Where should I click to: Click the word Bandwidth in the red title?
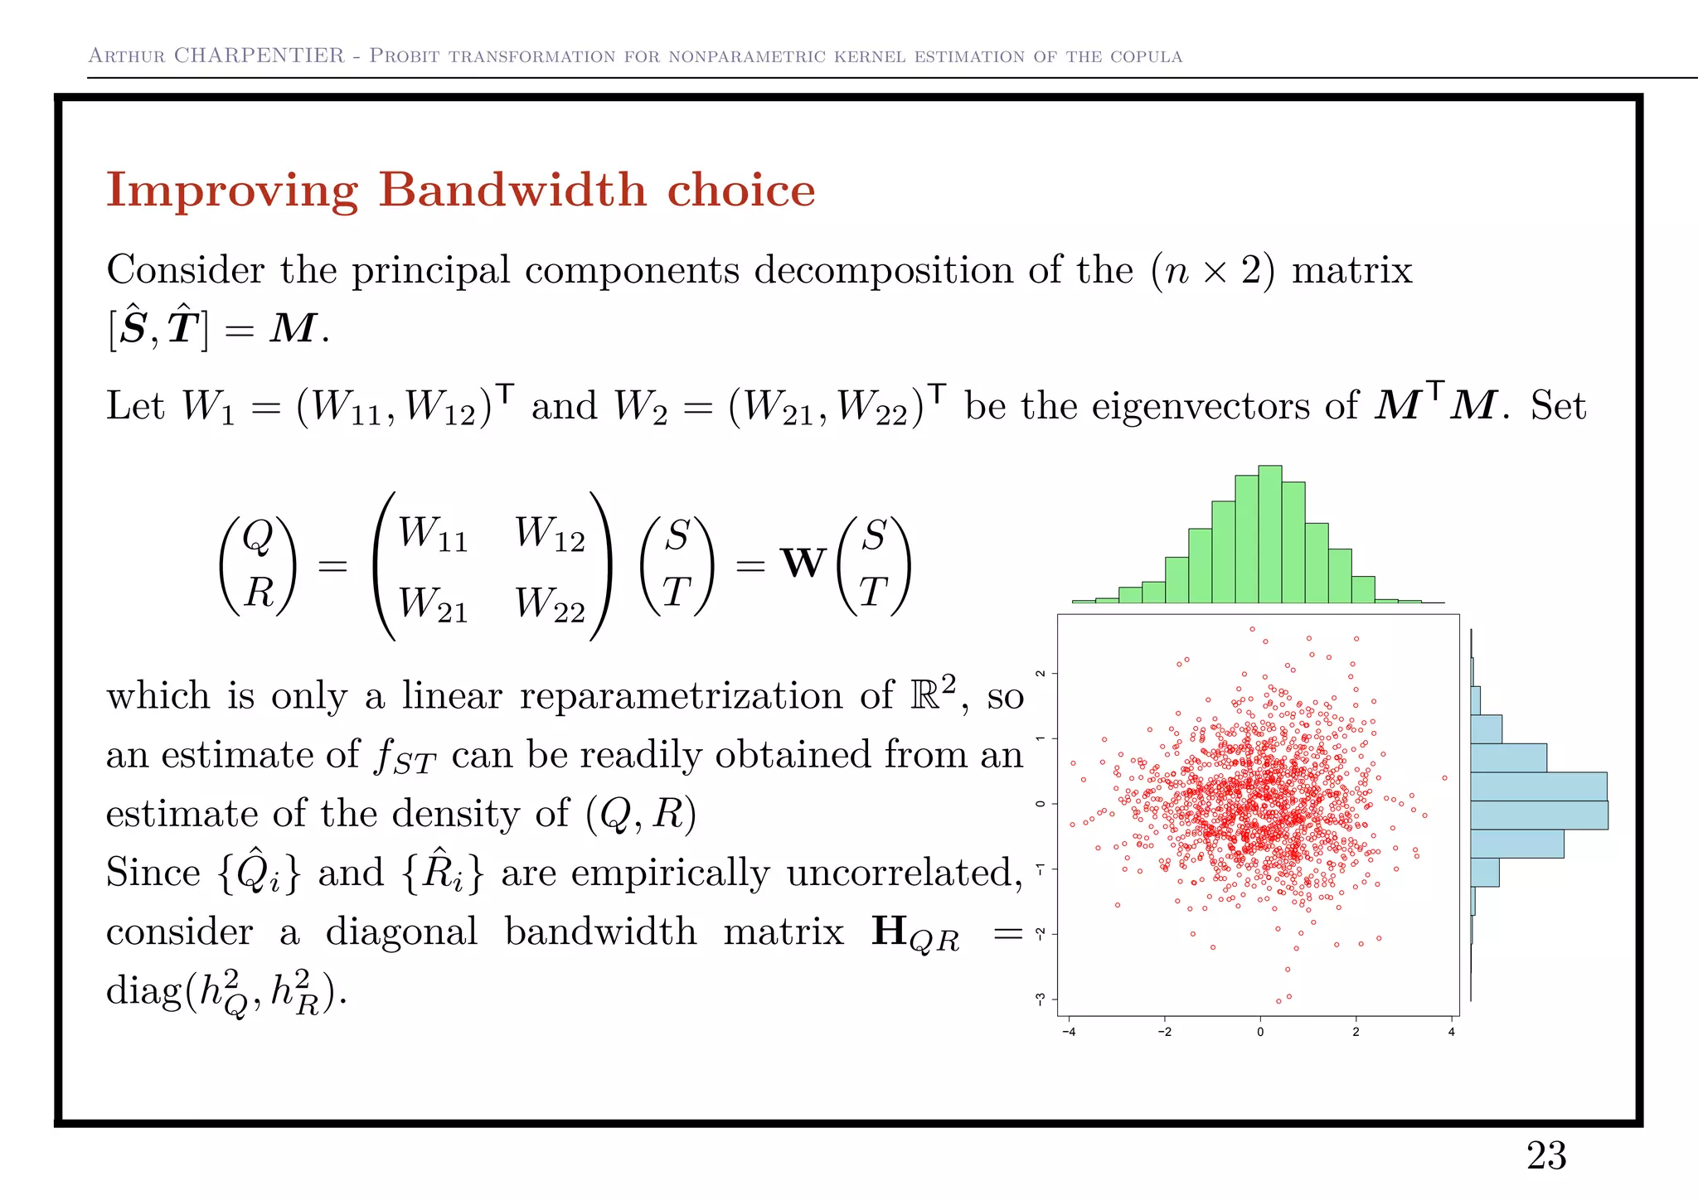[512, 190]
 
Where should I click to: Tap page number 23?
[1545, 1155]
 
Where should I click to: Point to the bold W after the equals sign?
[803, 564]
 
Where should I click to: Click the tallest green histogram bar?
[1269, 534]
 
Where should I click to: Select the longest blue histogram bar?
[1538, 815]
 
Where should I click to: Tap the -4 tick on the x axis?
[1069, 1032]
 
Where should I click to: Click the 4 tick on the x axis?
[1451, 1032]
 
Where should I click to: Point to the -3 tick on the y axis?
[1040, 999]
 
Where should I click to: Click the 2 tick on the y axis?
[1040, 673]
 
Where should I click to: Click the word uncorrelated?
[904, 873]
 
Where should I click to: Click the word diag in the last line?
[143, 991]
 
